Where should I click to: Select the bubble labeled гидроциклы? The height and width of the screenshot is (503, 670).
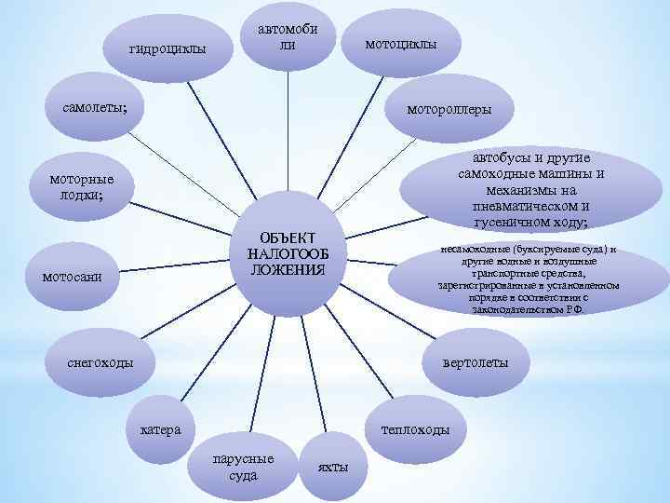167,48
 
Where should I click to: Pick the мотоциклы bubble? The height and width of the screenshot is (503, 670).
400,44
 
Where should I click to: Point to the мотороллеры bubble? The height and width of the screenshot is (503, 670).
448,109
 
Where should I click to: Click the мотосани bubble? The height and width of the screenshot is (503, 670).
79,277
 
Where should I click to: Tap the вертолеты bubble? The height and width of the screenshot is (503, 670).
476,362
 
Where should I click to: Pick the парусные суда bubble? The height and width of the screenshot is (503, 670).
243,467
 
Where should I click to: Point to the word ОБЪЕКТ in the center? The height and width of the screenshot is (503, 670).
288,237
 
